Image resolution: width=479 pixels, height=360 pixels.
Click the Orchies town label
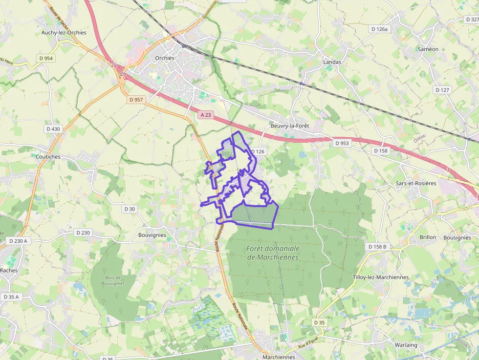[x=164, y=58]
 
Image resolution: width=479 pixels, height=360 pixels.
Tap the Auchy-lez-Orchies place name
[x=64, y=33]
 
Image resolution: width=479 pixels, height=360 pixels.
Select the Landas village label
[x=332, y=62]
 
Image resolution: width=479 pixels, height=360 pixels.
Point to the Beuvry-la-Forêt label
[x=290, y=126]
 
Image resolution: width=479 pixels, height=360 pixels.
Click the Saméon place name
[x=428, y=49]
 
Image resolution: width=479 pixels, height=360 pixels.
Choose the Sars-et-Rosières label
[x=415, y=183]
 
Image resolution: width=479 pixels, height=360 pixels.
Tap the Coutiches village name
[x=48, y=157]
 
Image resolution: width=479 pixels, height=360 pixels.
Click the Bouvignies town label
[x=152, y=235]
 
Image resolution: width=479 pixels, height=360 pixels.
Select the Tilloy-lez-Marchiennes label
[x=380, y=277]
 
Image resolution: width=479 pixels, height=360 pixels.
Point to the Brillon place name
[x=428, y=237]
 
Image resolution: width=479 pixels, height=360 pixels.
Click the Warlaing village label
[x=406, y=345]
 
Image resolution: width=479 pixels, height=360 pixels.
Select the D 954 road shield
[x=47, y=58]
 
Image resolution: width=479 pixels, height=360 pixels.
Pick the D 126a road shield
[x=379, y=29]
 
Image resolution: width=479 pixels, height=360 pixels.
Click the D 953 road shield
[x=342, y=144]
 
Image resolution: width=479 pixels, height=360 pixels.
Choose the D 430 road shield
[x=53, y=129]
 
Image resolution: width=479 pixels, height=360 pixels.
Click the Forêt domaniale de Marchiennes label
[x=273, y=253]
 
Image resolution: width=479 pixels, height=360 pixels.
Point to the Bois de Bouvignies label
[x=113, y=280]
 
